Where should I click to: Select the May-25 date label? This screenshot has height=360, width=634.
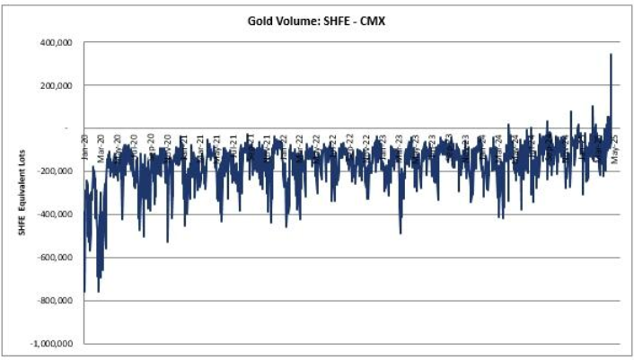615,147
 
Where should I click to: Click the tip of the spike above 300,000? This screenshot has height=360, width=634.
612,55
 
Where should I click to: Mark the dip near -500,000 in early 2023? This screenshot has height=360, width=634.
401,233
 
